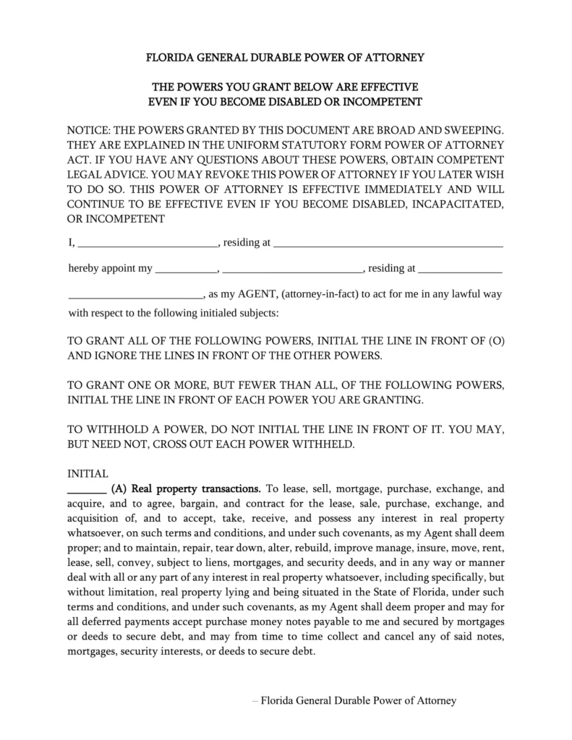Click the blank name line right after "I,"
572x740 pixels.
click(x=148, y=244)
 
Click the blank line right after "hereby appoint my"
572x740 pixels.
click(x=187, y=269)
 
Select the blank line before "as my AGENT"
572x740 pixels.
click(x=136, y=295)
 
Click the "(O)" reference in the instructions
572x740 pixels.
click(x=496, y=340)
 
